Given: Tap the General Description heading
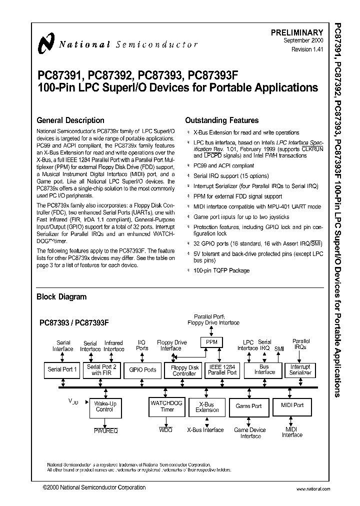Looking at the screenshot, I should coord(70,120).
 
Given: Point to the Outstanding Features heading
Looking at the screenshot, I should coord(221,120).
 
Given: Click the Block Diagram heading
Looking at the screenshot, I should coord(61,296).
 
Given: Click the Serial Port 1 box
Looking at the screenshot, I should coord(62,370).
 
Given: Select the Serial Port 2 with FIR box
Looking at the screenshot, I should coord(101,370).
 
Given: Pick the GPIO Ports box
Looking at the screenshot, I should coord(142,370).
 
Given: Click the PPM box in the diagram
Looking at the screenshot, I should coord(211,342).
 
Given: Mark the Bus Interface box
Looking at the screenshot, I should coord(264,369).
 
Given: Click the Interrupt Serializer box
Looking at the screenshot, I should coord(300,370).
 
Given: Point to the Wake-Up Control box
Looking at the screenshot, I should coord(104,406).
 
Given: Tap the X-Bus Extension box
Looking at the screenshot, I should coord(207,406).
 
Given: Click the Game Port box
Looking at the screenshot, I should coord(248,406).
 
